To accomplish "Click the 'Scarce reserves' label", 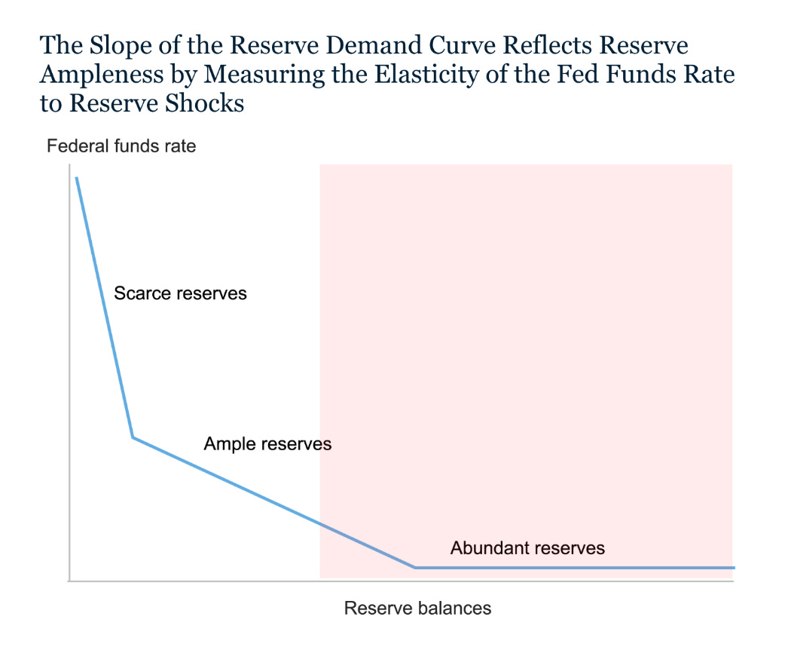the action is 180,293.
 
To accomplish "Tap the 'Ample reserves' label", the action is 267,444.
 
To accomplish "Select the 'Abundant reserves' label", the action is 527,548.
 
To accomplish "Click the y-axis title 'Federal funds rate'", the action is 121,146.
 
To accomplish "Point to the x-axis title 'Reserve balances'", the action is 417,608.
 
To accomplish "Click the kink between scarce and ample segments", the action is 133,437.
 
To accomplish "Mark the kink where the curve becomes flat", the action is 415,567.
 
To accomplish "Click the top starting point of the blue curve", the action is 76,178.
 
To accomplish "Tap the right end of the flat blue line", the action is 733,567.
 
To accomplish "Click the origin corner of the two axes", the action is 69,581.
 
